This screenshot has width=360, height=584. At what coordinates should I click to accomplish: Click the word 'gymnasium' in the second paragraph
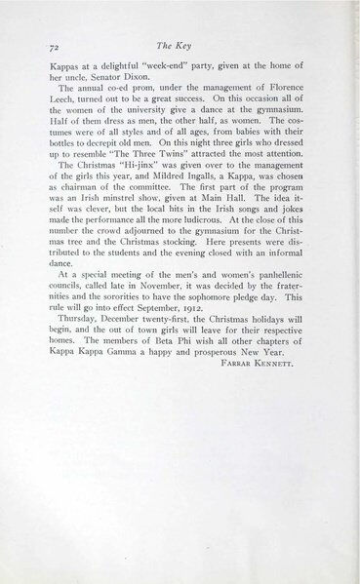click(x=271, y=127)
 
